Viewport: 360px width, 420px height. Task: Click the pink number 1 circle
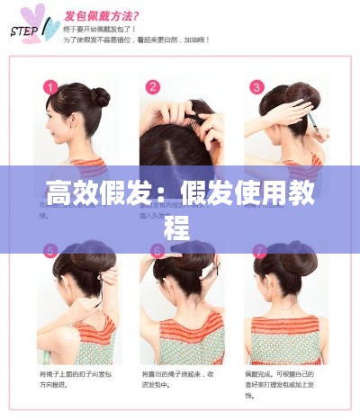50,87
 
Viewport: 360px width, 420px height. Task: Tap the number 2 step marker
153,87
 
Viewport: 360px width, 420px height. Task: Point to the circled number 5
50,250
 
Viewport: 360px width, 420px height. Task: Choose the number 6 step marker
156,250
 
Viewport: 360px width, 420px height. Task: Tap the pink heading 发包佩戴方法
98,16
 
